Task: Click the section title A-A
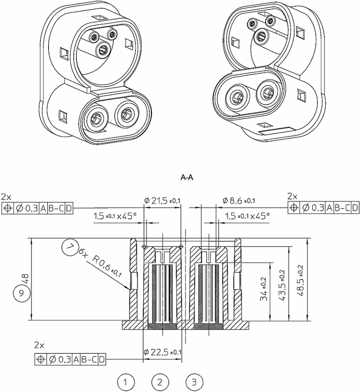coord(187,178)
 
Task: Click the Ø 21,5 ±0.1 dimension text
coord(162,200)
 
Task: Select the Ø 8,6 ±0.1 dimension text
coord(239,200)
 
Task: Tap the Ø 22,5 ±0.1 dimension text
coord(163,352)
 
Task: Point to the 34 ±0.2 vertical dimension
coord(264,289)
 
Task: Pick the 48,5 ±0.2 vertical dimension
coord(301,280)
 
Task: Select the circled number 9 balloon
coord(21,293)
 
